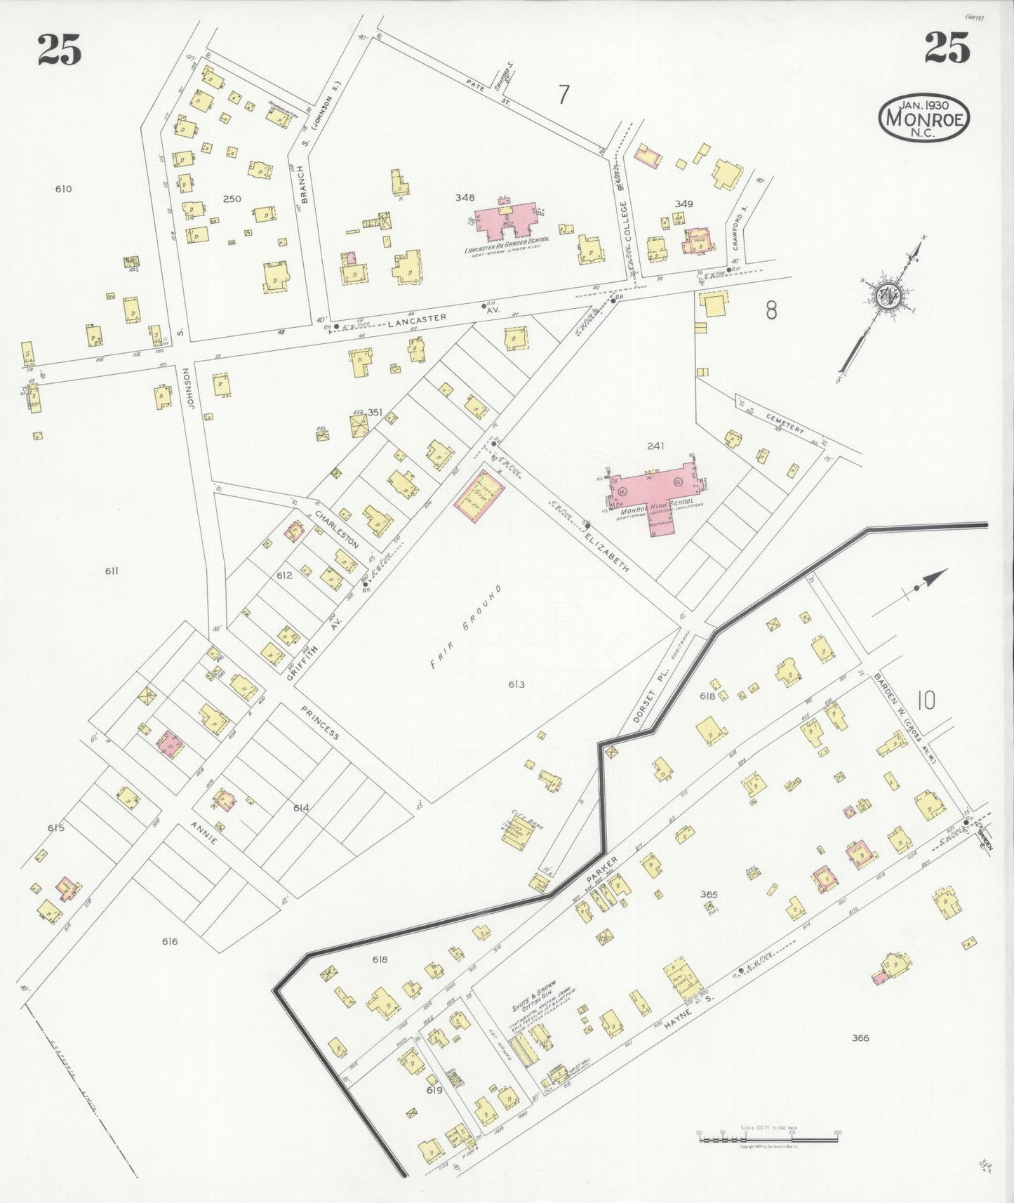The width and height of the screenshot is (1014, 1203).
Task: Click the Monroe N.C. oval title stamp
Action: click(925, 117)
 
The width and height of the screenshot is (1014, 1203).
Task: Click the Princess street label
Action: click(320, 723)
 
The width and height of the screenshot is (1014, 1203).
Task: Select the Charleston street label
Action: click(337, 529)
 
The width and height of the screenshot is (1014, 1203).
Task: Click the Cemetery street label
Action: click(785, 423)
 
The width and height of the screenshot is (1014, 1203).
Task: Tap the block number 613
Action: click(516, 684)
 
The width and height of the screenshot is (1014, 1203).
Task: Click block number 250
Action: click(232, 199)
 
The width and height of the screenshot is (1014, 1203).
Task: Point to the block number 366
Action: click(860, 1037)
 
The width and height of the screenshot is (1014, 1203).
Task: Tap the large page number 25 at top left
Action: click(60, 49)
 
